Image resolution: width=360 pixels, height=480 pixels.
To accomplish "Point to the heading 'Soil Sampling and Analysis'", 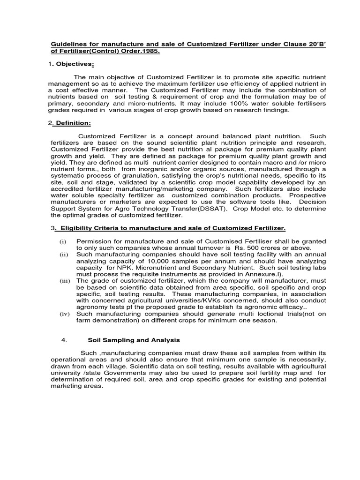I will [134, 340].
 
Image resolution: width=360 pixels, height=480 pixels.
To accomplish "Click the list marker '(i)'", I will [62, 241].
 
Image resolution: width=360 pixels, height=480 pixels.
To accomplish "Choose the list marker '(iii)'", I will [64, 281].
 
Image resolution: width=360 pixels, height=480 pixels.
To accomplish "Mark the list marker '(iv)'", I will [64, 314].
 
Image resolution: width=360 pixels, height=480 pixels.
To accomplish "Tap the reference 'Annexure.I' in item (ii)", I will [263, 274].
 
